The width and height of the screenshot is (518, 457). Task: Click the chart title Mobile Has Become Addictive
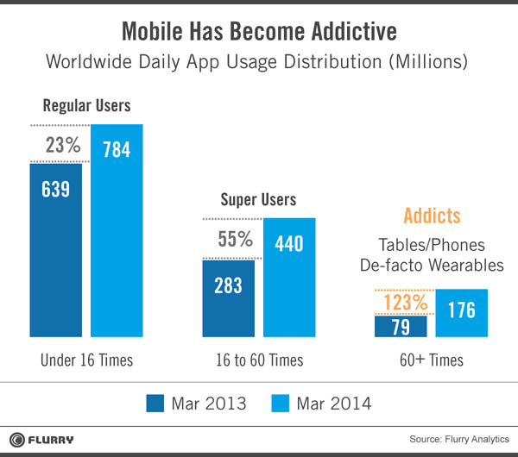[259, 33]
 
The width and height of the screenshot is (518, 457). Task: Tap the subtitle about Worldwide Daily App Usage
[259, 63]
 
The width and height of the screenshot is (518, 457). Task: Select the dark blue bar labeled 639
[56, 249]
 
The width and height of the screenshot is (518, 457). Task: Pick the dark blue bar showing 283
[229, 297]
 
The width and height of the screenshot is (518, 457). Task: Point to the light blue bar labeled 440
[289, 276]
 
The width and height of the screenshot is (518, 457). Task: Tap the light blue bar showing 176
[462, 311]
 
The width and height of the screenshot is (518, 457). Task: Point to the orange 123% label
[405, 302]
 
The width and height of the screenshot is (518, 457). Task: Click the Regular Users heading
[86, 107]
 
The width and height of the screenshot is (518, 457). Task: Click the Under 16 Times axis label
[85, 360]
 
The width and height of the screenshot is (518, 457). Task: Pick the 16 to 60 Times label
[259, 360]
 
